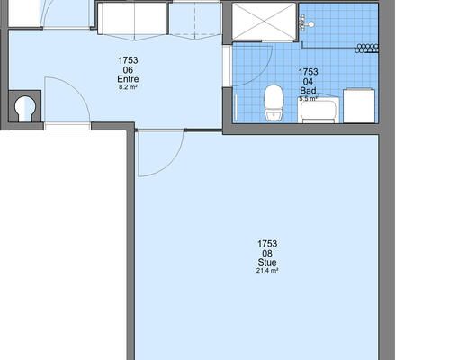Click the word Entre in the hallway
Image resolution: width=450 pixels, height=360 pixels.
coord(128,79)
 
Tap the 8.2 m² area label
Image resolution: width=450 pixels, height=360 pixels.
coord(128,87)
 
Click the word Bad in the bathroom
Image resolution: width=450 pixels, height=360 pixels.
coord(308,91)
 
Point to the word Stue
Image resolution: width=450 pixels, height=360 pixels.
coord(267,262)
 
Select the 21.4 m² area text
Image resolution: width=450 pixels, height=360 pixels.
coord(267,271)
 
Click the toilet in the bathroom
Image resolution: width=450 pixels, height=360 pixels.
coord(274,103)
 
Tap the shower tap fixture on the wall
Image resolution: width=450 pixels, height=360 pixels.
coord(307,23)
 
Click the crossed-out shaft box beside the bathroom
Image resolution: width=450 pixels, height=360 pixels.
coord(264,22)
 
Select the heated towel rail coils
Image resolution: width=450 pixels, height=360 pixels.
coord(366,49)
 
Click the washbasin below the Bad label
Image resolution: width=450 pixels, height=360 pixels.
coord(319,110)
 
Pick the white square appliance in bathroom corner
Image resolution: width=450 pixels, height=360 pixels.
coord(359,105)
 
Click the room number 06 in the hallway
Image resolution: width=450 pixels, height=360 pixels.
coord(128,70)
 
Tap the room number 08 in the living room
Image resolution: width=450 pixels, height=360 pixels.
coord(267,254)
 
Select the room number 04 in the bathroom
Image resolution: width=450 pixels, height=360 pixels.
coord(308,82)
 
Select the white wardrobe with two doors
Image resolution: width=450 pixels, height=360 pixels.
coord(132,19)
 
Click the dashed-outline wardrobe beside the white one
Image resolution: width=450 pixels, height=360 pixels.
coord(195,19)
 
